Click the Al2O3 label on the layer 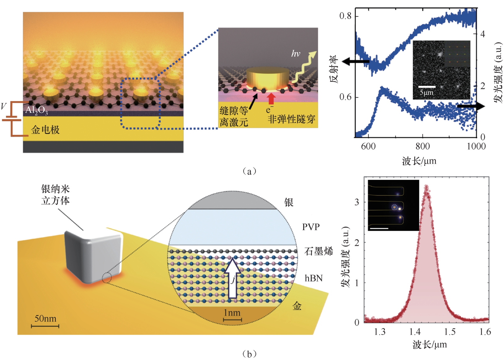click(37, 110)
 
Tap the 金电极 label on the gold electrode click(45, 130)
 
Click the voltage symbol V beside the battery click(3, 107)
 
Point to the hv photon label click(296, 54)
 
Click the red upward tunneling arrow click(271, 99)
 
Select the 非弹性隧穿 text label click(291, 119)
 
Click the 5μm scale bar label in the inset click(427, 92)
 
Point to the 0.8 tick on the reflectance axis click(345, 16)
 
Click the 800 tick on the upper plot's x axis click(423, 146)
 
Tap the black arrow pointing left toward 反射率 click(355, 61)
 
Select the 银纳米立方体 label click(55, 195)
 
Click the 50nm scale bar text click(45, 318)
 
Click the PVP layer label click(311, 227)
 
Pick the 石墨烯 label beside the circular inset click(318, 251)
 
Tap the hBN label click(313, 278)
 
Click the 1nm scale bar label click(232, 313)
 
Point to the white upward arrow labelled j click(232, 279)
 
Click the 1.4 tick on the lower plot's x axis click(415, 332)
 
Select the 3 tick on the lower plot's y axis click(357, 202)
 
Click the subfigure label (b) click(249, 354)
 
